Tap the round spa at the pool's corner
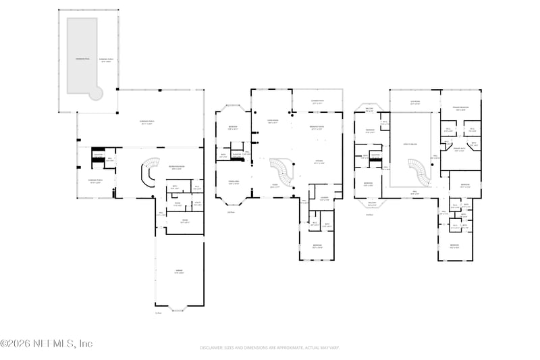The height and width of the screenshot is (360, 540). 97,94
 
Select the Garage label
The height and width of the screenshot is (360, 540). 179,272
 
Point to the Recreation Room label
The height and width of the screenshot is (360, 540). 178,168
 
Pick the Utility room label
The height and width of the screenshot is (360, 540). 198,203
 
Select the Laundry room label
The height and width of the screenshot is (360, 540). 324,198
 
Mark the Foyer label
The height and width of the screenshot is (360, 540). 275,186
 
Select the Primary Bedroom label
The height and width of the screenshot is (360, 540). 460,108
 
